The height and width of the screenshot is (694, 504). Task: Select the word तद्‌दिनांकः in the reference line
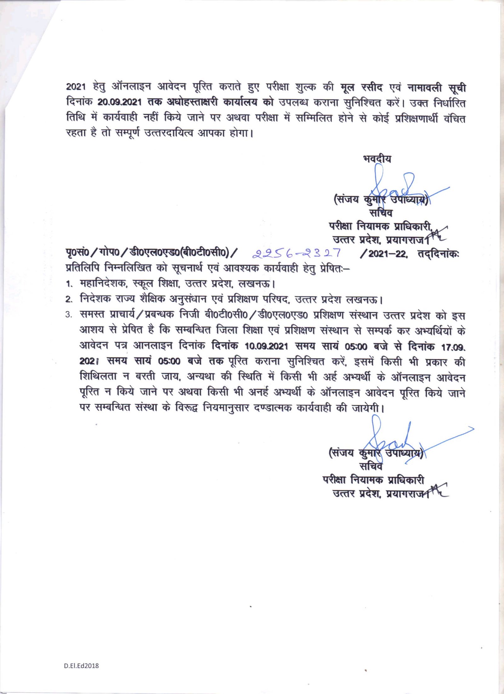click(438, 253)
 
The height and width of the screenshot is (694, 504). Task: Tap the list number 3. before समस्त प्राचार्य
click(69, 315)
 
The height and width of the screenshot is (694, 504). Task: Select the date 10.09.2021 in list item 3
click(266, 346)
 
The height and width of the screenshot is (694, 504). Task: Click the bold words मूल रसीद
click(362, 87)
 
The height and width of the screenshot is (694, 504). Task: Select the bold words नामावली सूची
click(437, 87)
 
